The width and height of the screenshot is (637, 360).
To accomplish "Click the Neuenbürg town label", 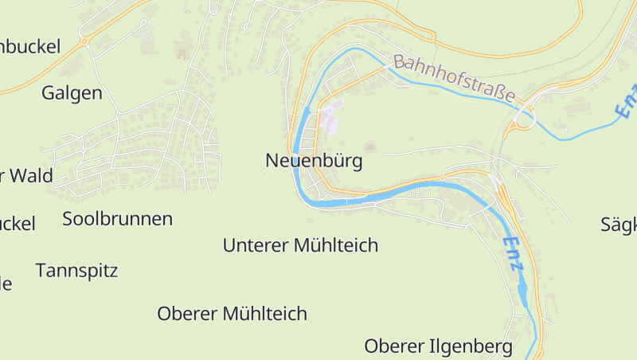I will tap(314, 162).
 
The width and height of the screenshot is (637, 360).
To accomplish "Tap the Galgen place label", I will tap(72, 93).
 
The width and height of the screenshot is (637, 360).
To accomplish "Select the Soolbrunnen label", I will tap(118, 219).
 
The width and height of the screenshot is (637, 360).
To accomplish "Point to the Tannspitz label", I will tap(76, 271).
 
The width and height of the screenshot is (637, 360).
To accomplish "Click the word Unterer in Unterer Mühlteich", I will tap(255, 245).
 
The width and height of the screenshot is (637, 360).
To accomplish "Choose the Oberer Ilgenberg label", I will tap(438, 346).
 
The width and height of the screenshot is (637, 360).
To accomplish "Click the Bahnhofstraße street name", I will tap(454, 78).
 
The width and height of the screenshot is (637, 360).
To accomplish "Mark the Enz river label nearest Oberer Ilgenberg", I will tap(514, 255).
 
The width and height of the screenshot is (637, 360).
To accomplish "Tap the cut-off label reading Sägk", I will tap(619, 225).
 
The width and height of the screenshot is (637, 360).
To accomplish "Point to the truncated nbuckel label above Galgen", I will tap(30, 46).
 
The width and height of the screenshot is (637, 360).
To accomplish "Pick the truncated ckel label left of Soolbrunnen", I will tap(18, 224).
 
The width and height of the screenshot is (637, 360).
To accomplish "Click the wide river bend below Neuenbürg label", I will tap(334, 202).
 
